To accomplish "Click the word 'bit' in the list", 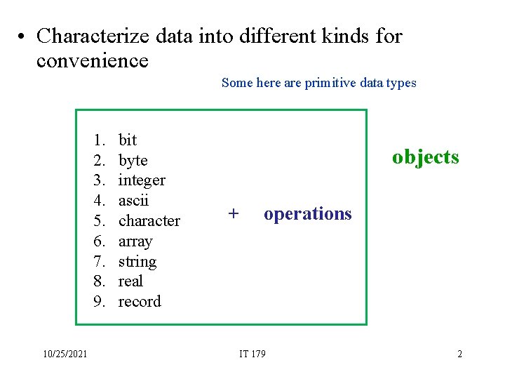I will click(x=128, y=140).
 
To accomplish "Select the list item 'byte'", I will click(x=133, y=160).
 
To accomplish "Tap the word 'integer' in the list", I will click(x=142, y=180).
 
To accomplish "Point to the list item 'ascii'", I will click(x=133, y=200).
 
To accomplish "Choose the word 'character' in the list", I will click(x=149, y=220).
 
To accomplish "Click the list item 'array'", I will click(x=135, y=241).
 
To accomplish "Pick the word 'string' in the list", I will click(x=137, y=261).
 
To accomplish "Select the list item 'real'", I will click(x=130, y=281).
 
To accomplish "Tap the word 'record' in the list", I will click(x=140, y=301).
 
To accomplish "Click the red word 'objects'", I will click(x=425, y=157).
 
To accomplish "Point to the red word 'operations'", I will click(x=307, y=213).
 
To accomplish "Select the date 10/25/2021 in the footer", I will click(x=64, y=354).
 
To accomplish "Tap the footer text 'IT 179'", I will click(x=252, y=354).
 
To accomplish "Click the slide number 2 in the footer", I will click(x=459, y=354).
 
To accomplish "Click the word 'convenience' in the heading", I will click(x=92, y=60).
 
